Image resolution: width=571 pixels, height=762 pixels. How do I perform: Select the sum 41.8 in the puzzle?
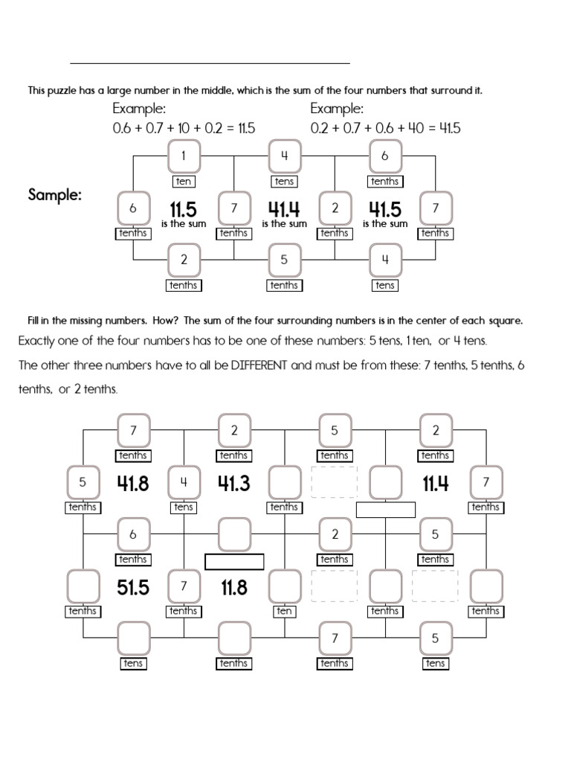click(133, 484)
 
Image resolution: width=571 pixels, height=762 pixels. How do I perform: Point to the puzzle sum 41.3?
click(233, 484)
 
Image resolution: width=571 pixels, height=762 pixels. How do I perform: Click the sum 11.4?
click(436, 484)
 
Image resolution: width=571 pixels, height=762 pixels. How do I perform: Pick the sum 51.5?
click(133, 588)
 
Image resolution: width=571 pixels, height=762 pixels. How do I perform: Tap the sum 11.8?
click(233, 588)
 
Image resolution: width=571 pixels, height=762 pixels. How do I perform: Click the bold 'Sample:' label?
click(55, 195)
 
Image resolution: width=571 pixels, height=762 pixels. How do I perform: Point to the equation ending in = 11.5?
click(184, 128)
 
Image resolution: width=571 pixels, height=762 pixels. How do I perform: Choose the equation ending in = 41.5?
click(385, 128)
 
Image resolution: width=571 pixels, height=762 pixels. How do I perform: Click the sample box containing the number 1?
click(184, 156)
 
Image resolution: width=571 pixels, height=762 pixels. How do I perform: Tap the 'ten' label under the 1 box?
click(184, 181)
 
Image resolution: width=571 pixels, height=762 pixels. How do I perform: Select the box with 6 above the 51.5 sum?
click(133, 534)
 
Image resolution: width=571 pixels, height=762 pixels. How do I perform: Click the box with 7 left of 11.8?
click(183, 586)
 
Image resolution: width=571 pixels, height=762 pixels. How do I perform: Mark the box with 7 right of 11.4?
click(486, 481)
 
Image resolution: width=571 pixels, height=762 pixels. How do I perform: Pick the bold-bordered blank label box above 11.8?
click(234, 561)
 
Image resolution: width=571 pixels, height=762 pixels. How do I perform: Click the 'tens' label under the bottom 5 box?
click(436, 663)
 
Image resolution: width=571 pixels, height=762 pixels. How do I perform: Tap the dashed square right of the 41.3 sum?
click(335, 482)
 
